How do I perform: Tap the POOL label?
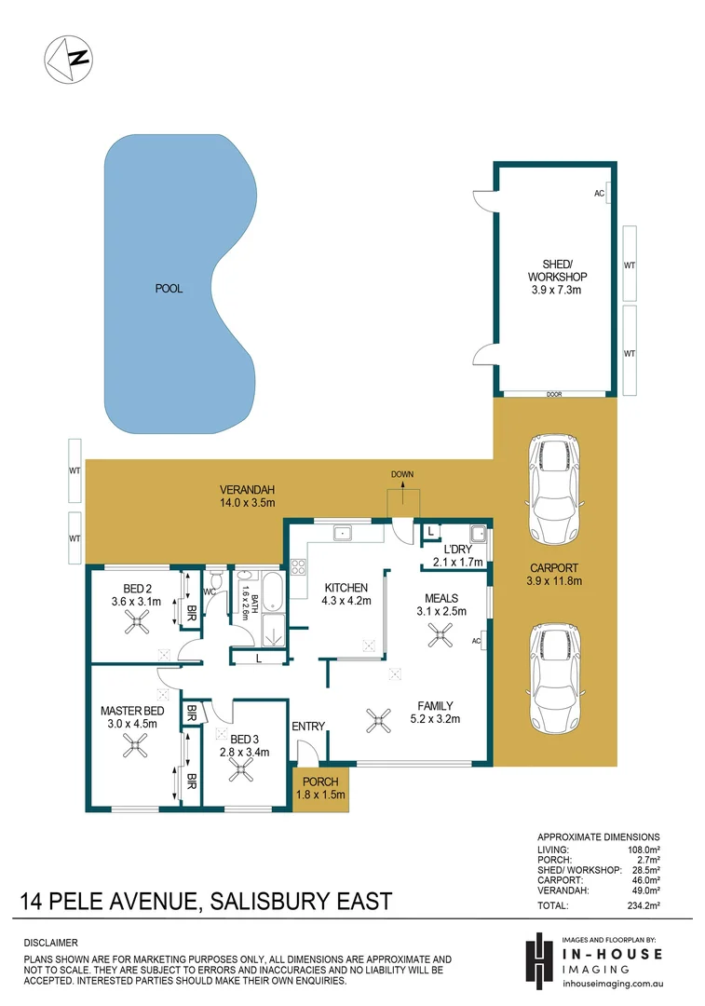[x=169, y=289]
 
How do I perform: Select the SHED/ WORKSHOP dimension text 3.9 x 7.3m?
[x=557, y=291]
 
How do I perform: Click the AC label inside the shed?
[x=599, y=194]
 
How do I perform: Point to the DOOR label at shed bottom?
[x=554, y=394]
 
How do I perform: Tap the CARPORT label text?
[x=554, y=567]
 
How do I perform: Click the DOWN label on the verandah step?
[x=402, y=474]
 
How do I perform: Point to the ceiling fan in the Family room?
[x=378, y=718]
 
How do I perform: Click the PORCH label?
[x=320, y=781]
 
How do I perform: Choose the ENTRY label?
[x=308, y=727]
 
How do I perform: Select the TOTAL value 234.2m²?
[x=642, y=904]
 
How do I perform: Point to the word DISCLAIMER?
[x=51, y=943]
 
